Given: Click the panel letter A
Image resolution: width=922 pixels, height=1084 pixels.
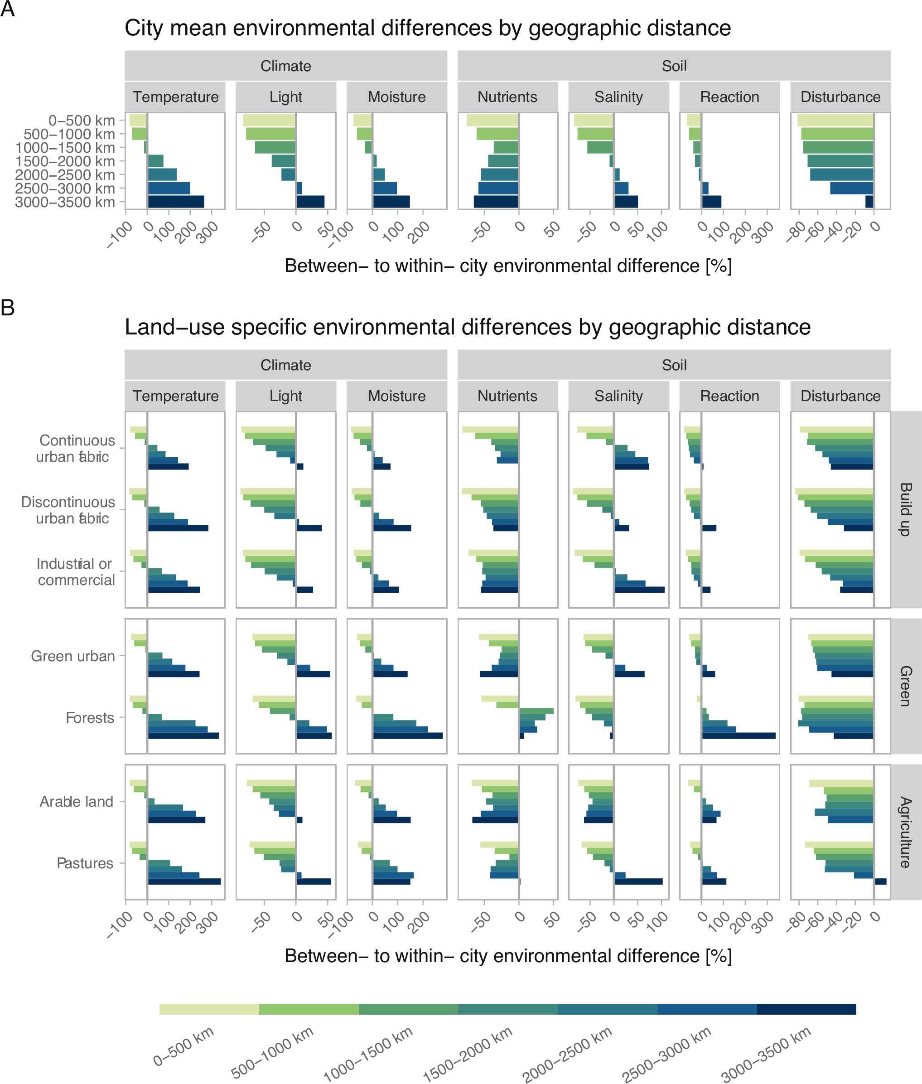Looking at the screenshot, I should (7, 9).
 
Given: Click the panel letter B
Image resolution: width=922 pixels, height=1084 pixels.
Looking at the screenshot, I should (7, 307).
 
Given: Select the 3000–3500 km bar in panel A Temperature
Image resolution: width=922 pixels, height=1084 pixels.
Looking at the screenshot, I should (176, 202).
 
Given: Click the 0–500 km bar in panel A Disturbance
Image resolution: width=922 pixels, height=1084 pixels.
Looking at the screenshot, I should (835, 120).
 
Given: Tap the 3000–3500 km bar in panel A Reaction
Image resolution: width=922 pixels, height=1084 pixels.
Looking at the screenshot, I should (711, 202).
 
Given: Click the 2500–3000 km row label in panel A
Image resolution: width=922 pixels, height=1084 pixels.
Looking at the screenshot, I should (65, 188).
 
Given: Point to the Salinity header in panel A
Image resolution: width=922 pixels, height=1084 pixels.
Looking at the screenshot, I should (618, 97).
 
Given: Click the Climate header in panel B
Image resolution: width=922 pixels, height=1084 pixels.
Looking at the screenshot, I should (285, 365).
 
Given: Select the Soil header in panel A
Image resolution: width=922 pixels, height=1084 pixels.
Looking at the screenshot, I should (674, 66).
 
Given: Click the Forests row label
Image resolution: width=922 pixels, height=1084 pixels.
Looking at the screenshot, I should (89, 718).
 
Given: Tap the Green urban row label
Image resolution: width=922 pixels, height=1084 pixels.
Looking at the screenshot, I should (72, 656).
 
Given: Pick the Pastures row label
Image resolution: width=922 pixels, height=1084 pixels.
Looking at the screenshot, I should (85, 863).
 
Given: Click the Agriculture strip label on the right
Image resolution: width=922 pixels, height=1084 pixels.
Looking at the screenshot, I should (906, 832).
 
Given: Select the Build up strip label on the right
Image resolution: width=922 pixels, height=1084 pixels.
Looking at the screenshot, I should (906, 509).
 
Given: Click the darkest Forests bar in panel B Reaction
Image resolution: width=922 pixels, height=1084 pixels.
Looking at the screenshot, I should (738, 736).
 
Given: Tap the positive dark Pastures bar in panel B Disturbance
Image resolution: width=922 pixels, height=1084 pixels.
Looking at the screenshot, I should (880, 881).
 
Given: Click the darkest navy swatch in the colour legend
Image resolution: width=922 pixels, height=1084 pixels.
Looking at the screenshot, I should (806, 1009).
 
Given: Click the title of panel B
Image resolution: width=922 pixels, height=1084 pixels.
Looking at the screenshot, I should (467, 327).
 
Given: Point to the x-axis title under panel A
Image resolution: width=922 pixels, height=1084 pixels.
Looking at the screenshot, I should (507, 266).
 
